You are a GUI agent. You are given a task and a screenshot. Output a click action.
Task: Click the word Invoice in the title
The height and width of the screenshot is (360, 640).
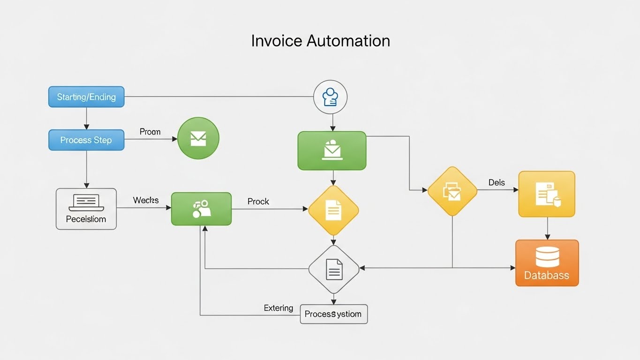click(276, 41)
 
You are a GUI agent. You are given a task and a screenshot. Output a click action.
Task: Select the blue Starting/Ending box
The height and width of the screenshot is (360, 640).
click(86, 97)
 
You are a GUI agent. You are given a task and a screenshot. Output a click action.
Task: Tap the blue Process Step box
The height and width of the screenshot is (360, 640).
click(86, 140)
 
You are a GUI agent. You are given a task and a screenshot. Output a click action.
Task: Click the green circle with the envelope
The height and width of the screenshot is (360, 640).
click(198, 138)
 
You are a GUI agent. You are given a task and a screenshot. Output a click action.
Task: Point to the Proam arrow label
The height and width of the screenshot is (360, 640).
click(150, 132)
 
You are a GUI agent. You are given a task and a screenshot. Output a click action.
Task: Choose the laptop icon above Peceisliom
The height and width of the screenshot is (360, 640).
click(86, 202)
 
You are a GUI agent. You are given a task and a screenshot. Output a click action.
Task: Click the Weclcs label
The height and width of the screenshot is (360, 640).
click(146, 200)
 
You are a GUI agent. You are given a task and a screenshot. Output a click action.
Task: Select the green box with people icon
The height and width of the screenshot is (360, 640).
click(201, 209)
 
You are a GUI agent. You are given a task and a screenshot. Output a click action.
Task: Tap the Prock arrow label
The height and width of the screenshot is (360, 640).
click(258, 201)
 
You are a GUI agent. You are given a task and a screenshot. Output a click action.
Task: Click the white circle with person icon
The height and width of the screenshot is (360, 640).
click(331, 97)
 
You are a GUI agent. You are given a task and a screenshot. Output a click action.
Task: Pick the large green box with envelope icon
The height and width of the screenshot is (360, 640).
click(332, 150)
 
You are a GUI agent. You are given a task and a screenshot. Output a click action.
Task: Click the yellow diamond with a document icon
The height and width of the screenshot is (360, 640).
click(333, 210)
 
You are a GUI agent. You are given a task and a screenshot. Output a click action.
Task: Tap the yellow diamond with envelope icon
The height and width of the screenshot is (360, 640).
click(452, 191)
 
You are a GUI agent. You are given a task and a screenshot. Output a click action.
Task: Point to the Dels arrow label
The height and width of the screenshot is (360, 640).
click(497, 182)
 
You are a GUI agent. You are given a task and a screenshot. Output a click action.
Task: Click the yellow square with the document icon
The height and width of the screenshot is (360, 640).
click(547, 194)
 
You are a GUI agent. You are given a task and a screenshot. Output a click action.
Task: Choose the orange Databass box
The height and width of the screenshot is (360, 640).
click(547, 263)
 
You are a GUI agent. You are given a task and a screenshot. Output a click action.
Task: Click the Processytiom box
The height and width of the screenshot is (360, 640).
click(333, 314)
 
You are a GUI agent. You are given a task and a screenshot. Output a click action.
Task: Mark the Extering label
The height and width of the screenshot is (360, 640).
click(279, 308)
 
